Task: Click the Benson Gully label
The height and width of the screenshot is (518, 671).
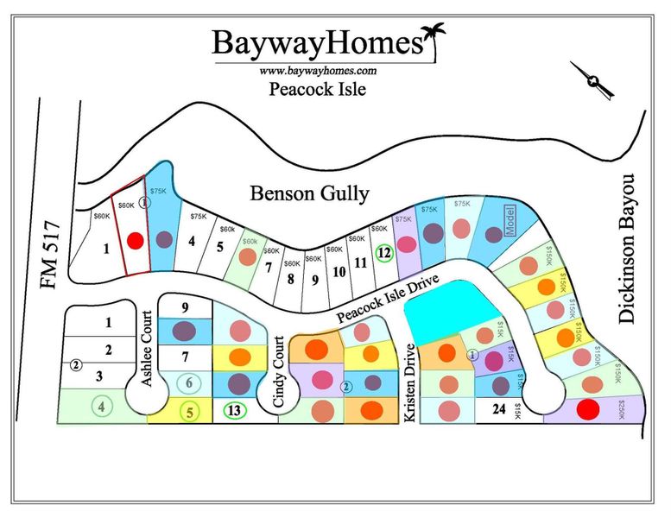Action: click(308, 193)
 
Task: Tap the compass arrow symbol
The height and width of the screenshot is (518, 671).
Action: click(592, 80)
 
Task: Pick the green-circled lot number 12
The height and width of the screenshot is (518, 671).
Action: click(385, 253)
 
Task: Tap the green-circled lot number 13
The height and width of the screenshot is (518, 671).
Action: click(233, 411)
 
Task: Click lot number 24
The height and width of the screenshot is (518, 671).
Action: click(497, 410)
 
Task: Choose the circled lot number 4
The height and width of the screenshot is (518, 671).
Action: click(103, 405)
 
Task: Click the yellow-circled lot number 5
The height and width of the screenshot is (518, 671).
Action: click(189, 413)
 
